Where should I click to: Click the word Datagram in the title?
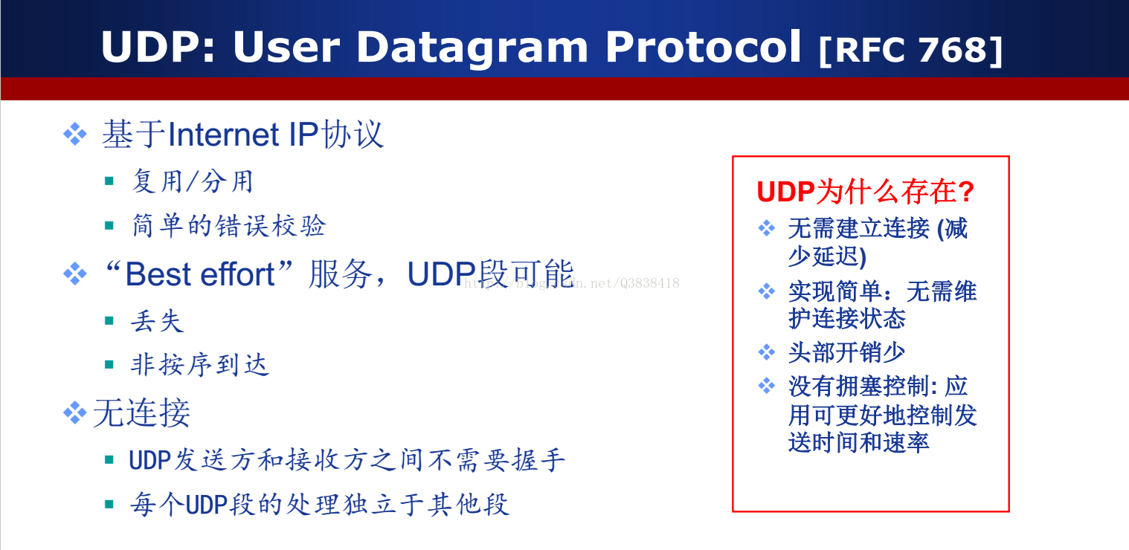pyautogui.click(x=472, y=48)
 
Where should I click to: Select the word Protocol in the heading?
pyautogui.click(x=703, y=46)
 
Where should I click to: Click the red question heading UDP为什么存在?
pyautogui.click(x=865, y=192)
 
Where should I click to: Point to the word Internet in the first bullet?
pyautogui.click(x=223, y=135)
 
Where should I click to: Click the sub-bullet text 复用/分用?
pyautogui.click(x=192, y=181)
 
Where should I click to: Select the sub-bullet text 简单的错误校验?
pyautogui.click(x=229, y=225)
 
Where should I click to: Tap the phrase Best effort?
pyautogui.click(x=199, y=274)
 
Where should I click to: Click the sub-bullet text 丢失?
pyautogui.click(x=157, y=321)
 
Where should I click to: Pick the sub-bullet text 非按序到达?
pyautogui.click(x=200, y=365)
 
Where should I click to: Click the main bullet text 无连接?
pyautogui.click(x=141, y=413)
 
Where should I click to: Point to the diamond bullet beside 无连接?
pyautogui.click(x=75, y=412)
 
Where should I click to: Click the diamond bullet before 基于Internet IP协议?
pyautogui.click(x=75, y=134)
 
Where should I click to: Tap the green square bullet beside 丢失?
pyautogui.click(x=109, y=321)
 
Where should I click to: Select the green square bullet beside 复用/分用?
pyautogui.click(x=109, y=181)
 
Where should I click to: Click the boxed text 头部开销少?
pyautogui.click(x=846, y=352)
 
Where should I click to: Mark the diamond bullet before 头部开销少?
pyautogui.click(x=767, y=352)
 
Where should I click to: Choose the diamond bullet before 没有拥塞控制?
pyautogui.click(x=767, y=386)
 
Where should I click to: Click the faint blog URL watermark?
pyautogui.click(x=571, y=283)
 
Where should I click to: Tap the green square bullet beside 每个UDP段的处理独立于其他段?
pyautogui.click(x=109, y=504)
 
